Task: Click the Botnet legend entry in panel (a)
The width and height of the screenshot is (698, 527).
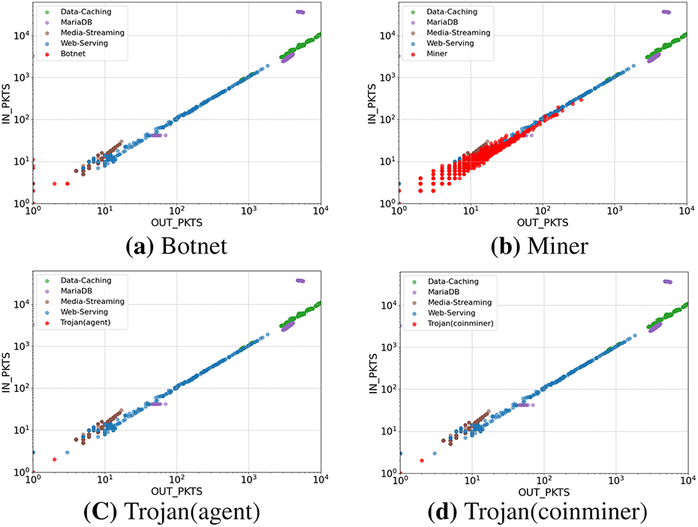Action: (74, 53)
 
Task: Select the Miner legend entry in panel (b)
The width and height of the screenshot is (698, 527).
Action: (439, 53)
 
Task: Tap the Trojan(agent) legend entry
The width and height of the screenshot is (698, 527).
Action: (83, 322)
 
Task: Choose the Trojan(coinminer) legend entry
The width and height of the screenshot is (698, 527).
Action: (454, 324)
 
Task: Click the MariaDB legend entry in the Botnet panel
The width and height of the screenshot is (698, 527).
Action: (75, 23)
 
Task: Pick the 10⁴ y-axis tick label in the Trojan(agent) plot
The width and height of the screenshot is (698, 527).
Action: (18, 304)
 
